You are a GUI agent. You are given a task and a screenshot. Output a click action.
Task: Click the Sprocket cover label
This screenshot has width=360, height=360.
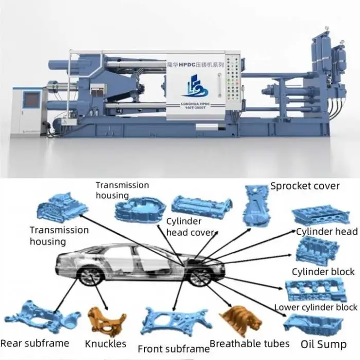point(305,186)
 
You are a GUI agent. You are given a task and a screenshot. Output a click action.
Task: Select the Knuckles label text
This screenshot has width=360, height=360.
point(106,343)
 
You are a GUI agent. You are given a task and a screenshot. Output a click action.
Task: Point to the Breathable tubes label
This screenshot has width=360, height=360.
point(250,343)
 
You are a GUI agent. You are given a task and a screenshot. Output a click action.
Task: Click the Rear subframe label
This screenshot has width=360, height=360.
point(35,343)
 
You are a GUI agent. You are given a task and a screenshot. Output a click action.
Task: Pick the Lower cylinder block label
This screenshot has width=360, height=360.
point(316,308)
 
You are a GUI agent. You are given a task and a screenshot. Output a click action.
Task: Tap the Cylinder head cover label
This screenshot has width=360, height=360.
point(190,227)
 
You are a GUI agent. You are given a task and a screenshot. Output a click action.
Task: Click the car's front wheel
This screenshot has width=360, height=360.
point(199,278)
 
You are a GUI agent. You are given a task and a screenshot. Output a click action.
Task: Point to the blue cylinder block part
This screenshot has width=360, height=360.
point(316,251)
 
